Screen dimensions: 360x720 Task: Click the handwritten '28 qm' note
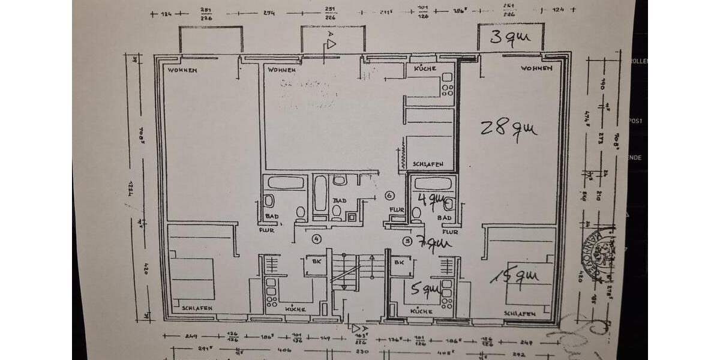(508, 128)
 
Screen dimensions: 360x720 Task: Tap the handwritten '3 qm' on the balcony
(510, 38)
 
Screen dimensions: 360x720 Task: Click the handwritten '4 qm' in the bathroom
(432, 200)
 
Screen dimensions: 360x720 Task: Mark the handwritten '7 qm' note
(433, 243)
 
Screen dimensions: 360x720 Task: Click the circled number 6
(389, 196)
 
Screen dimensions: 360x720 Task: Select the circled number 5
(407, 241)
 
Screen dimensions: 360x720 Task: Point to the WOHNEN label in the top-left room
(183, 70)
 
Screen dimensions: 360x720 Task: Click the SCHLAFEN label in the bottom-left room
(197, 308)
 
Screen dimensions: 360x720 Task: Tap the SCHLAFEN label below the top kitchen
(428, 164)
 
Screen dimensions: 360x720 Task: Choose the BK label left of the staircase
(315, 263)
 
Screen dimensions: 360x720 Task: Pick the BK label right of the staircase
(397, 263)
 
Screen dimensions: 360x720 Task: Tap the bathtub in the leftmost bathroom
(286, 182)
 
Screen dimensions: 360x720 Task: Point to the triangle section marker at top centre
(331, 44)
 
